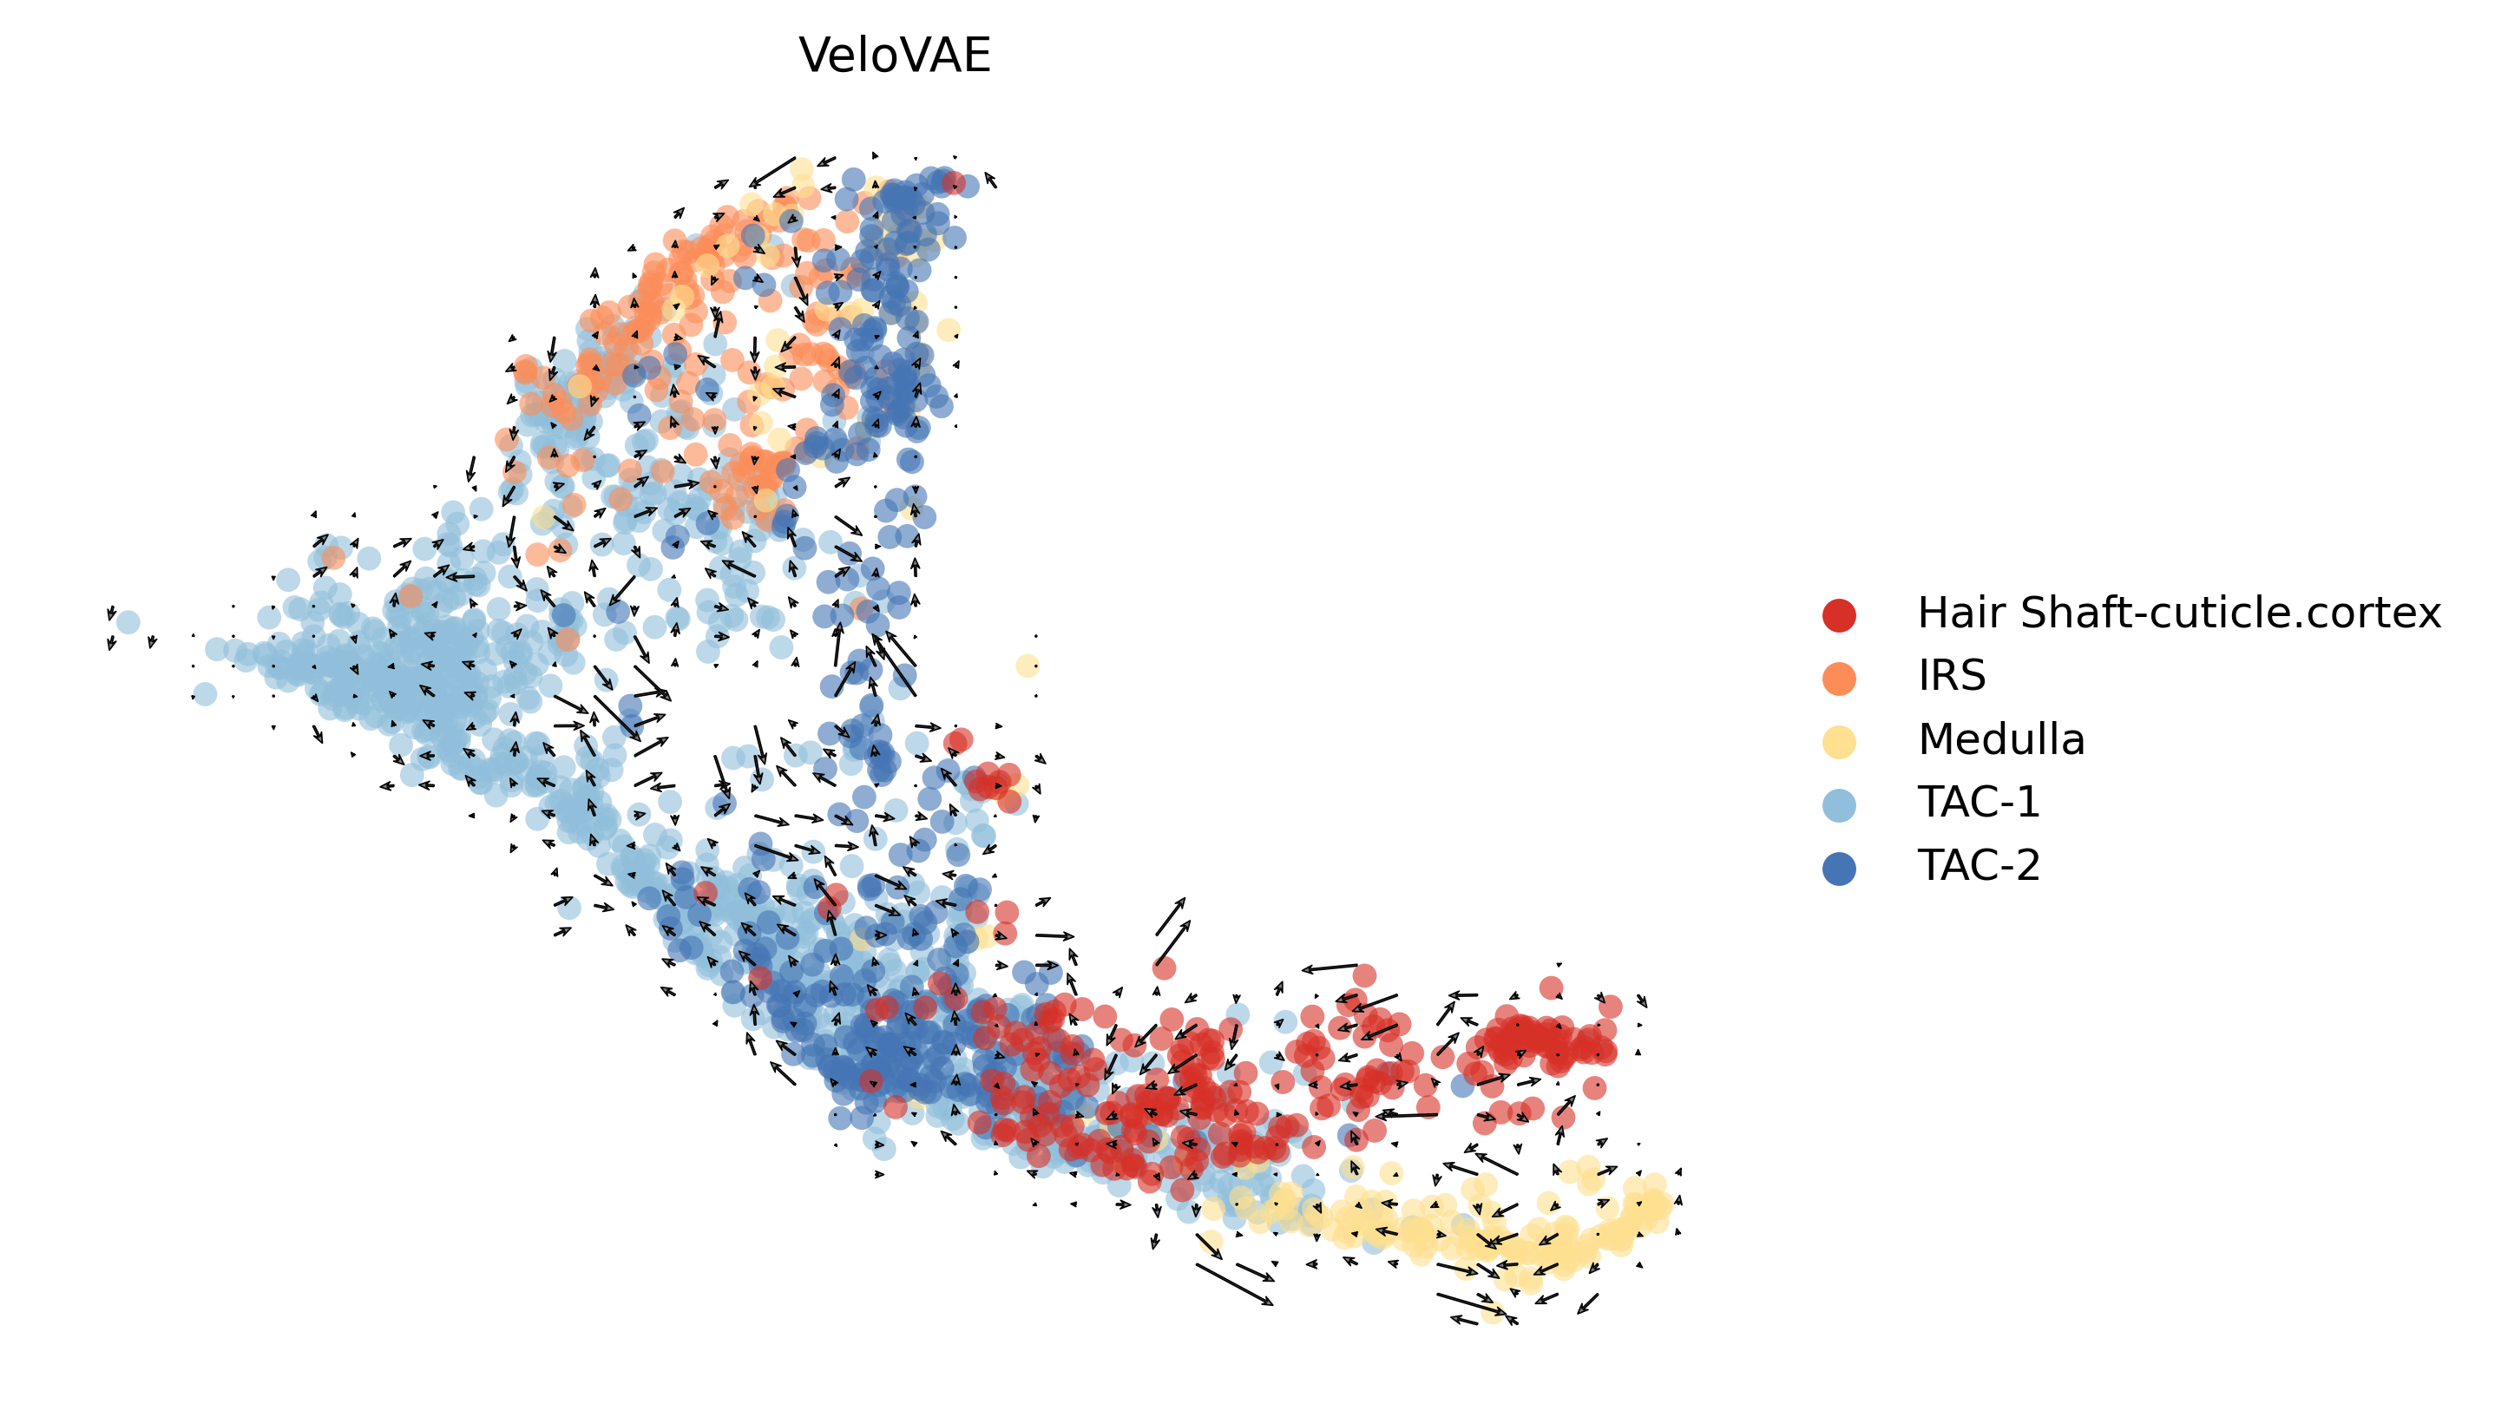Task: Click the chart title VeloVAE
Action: click(894, 56)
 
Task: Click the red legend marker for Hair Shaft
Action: click(1838, 615)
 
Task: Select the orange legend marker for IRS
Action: click(1838, 679)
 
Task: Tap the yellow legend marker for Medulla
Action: click(1838, 742)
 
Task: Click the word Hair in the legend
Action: click(1960, 613)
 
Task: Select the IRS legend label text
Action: click(1951, 675)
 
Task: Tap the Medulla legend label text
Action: click(2000, 739)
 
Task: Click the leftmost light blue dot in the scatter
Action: click(128, 622)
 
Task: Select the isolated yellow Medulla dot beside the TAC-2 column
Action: click(1028, 666)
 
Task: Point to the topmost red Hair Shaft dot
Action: click(954, 182)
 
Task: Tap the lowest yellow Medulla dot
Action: click(1492, 1311)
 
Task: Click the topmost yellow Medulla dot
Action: click(801, 170)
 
